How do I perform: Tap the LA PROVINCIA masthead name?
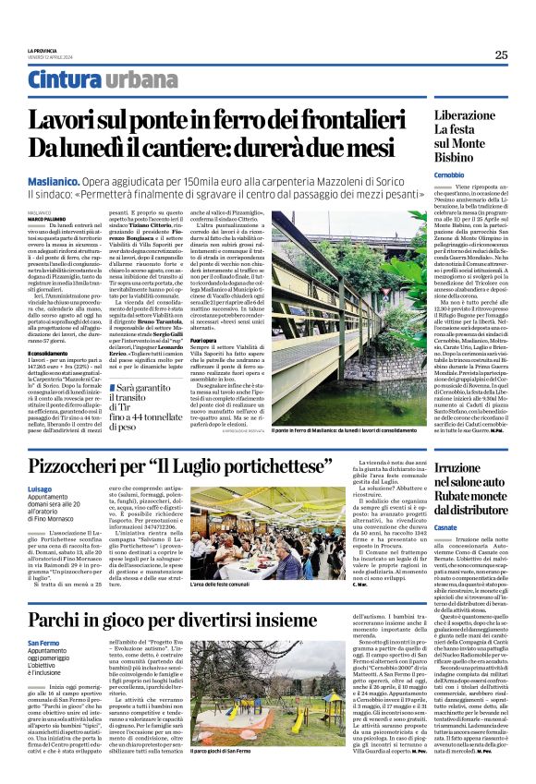coord(43,50)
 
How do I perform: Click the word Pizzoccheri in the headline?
coord(92,465)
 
